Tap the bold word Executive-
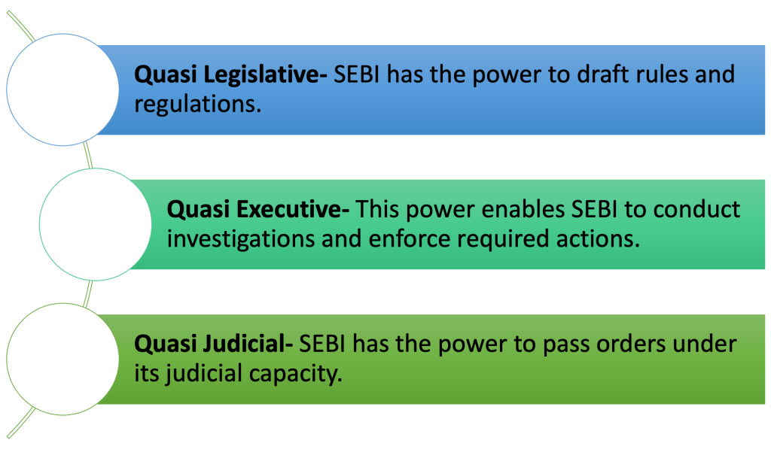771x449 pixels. click(293, 210)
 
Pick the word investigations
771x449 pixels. click(241, 240)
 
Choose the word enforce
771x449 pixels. click(410, 239)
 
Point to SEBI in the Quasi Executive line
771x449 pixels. click(594, 210)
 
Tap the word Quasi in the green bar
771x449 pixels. click(165, 344)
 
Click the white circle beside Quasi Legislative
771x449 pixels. click(62, 89)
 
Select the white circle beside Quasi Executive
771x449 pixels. click(96, 224)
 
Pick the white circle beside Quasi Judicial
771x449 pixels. click(62, 359)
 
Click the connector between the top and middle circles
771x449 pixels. click(88, 155)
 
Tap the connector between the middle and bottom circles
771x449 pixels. click(88, 294)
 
